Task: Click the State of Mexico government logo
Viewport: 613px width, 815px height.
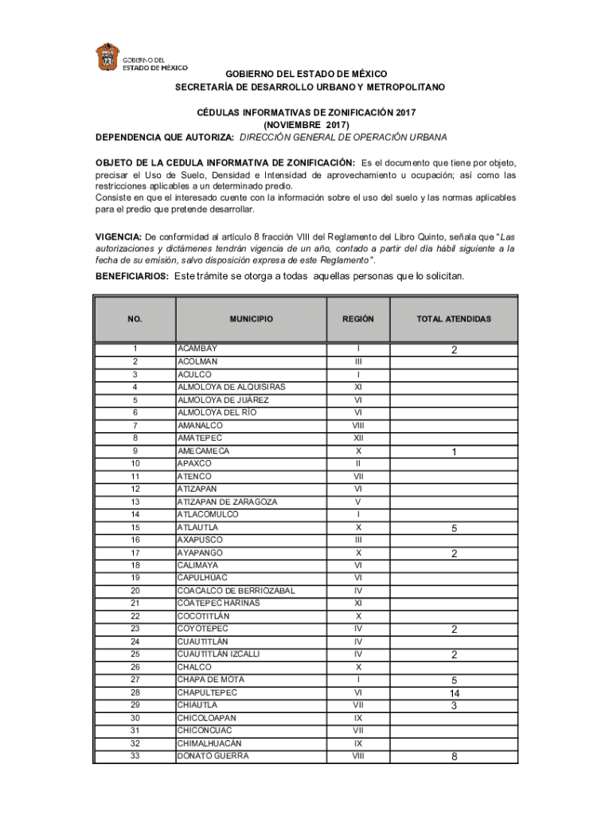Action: click(x=107, y=58)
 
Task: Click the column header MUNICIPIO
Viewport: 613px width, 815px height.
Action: click(x=251, y=319)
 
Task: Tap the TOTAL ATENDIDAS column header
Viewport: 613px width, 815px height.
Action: click(x=453, y=319)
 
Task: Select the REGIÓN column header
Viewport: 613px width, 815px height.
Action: click(x=357, y=319)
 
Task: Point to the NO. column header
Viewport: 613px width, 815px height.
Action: click(x=135, y=319)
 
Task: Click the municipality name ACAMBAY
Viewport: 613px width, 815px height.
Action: click(x=197, y=349)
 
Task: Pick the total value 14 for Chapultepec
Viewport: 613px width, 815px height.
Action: click(x=453, y=693)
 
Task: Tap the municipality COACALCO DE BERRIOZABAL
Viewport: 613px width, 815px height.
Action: click(x=236, y=591)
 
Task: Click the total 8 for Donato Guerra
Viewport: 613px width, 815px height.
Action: click(x=453, y=757)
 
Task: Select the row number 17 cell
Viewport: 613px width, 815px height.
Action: click(x=135, y=552)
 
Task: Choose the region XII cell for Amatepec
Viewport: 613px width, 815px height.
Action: click(x=357, y=438)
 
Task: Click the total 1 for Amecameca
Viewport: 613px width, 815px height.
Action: click(x=453, y=452)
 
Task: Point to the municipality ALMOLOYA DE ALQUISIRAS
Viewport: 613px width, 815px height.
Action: click(x=231, y=387)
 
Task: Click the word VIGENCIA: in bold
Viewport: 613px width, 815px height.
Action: click(x=119, y=237)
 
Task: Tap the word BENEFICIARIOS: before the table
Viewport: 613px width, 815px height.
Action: click(x=131, y=276)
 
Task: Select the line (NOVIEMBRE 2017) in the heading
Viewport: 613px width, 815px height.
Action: click(x=306, y=125)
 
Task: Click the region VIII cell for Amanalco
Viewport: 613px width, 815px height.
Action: click(x=357, y=425)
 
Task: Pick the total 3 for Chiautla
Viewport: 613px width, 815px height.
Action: click(x=453, y=706)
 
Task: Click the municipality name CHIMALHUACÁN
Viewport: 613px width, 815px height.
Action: click(x=211, y=743)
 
